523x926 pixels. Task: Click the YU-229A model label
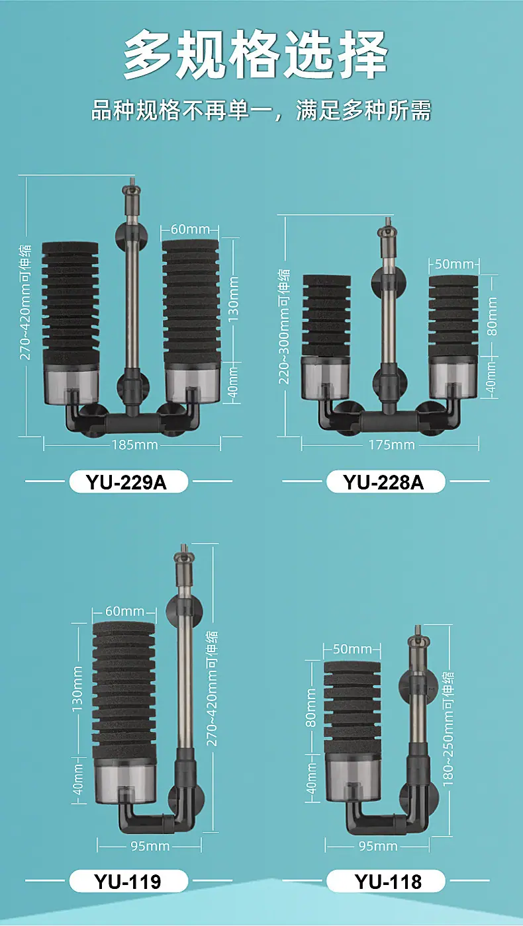click(x=126, y=482)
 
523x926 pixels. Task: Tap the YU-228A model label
click(x=383, y=482)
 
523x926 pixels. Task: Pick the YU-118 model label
click(x=388, y=881)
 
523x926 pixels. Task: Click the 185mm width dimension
click(x=134, y=445)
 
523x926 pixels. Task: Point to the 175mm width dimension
click(x=392, y=445)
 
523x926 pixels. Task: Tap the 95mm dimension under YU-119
click(x=150, y=846)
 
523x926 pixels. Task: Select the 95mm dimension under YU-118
click(x=378, y=846)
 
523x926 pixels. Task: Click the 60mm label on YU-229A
click(x=191, y=229)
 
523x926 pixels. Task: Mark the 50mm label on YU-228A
click(x=454, y=264)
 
